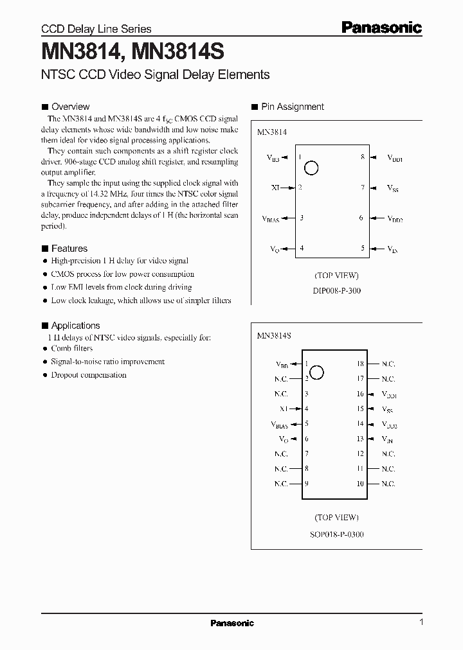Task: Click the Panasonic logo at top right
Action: click(381, 27)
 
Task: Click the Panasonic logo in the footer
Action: click(232, 623)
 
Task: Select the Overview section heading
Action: click(70, 107)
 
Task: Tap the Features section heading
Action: click(69, 249)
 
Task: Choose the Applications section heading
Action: click(75, 326)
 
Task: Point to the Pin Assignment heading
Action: click(293, 107)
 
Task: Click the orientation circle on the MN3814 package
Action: click(311, 168)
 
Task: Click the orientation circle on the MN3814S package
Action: click(316, 371)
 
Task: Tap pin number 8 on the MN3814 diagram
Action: click(363, 157)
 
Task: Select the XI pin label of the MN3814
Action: click(275, 188)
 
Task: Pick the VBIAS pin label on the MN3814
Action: click(271, 219)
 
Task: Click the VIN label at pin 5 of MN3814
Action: click(392, 249)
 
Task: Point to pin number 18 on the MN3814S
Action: click(360, 364)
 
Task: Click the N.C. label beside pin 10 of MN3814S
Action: click(388, 484)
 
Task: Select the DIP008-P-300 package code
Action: click(336, 290)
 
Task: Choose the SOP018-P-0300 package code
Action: click(336, 534)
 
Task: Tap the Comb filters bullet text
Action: click(72, 348)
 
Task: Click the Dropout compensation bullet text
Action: click(89, 375)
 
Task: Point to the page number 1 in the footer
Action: click(421, 622)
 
